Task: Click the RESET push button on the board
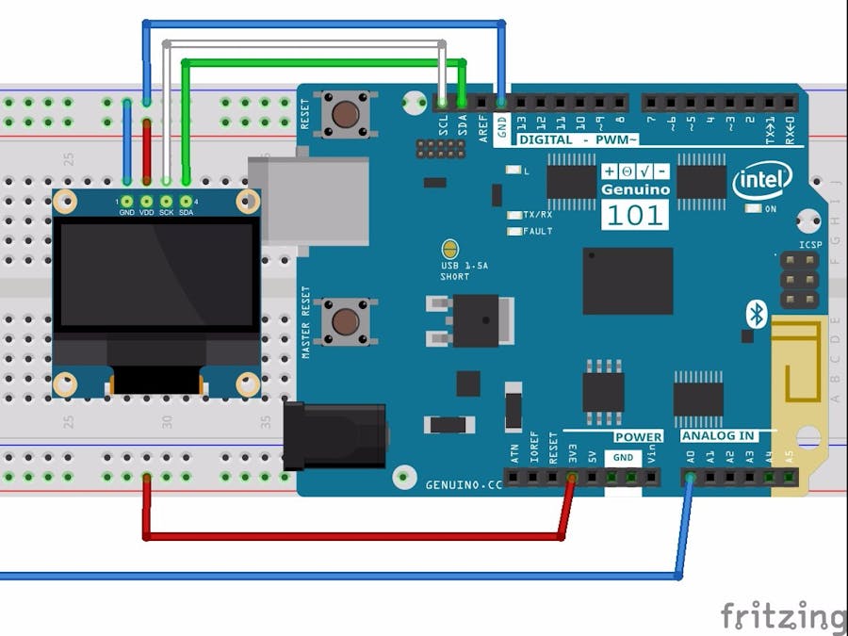coord(346,115)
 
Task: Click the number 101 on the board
coord(634,215)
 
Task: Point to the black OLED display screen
coord(155,275)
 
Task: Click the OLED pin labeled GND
coord(127,201)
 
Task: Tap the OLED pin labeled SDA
coord(186,201)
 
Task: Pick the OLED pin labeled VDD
coord(147,201)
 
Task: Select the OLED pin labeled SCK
coord(167,201)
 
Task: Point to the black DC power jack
coord(334,435)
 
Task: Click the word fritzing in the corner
coord(783,616)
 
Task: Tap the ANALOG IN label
coord(718,436)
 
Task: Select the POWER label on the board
coord(639,436)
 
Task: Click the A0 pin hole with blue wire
coord(691,477)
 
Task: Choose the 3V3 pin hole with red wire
coord(572,478)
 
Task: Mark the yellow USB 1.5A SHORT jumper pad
coord(450,251)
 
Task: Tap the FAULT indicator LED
coord(514,231)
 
